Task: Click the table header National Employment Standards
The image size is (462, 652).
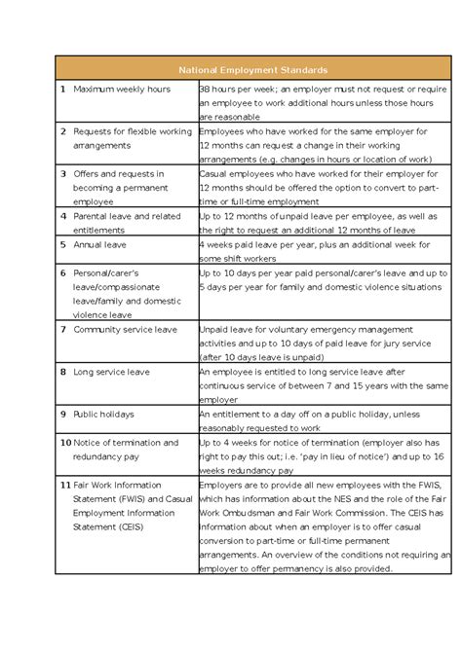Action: (252, 70)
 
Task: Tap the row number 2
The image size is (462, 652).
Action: (63, 130)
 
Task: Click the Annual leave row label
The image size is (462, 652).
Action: (100, 245)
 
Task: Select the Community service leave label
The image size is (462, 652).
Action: (126, 329)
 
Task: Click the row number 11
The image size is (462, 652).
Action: (65, 485)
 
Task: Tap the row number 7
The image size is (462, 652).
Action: (63, 329)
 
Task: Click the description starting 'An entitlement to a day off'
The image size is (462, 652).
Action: (315, 420)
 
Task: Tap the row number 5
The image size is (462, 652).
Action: (63, 245)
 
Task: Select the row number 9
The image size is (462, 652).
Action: (63, 414)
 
